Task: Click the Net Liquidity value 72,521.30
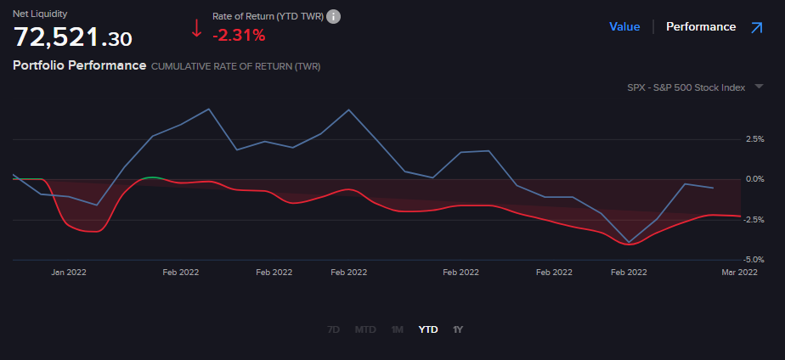pos(73,37)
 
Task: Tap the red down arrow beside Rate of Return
pos(196,28)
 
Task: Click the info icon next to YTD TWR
pos(334,17)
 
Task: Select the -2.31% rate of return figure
pos(239,36)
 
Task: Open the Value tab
pos(624,26)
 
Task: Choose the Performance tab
pos(701,26)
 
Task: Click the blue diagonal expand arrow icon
pos(755,27)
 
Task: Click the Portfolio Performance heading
pos(80,65)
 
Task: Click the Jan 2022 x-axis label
pos(69,273)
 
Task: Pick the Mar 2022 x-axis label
pos(739,273)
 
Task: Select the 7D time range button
pos(334,329)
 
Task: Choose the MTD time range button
pos(365,329)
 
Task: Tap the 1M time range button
pos(397,329)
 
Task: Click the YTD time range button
pos(428,329)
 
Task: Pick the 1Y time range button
pos(458,329)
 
